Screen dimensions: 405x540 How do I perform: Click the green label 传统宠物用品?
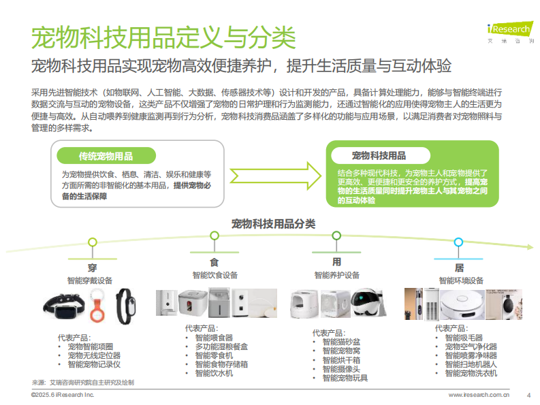(x=106, y=155)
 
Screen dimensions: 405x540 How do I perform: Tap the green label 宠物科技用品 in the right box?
(x=379, y=155)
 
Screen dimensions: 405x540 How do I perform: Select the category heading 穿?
(x=92, y=268)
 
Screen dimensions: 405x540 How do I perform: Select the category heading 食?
(x=215, y=263)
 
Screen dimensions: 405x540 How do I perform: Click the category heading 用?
(x=336, y=262)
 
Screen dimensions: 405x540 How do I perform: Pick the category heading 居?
(x=459, y=268)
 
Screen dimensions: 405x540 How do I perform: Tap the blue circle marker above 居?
(x=459, y=242)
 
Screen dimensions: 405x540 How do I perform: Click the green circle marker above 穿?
(x=93, y=242)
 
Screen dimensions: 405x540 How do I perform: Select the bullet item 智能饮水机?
(x=214, y=373)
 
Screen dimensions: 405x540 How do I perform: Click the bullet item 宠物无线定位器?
(x=93, y=355)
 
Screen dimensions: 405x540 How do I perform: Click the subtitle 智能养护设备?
(x=336, y=276)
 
